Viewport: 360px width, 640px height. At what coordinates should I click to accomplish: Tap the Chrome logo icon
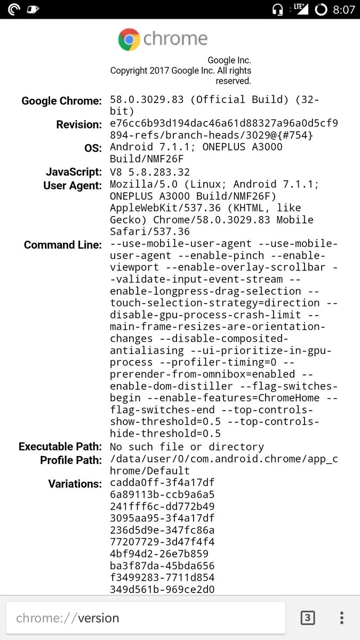129,39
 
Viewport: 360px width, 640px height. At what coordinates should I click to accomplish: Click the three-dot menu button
342,618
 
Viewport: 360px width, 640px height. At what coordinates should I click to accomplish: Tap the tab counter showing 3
308,618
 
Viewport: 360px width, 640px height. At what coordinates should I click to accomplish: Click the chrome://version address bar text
68,618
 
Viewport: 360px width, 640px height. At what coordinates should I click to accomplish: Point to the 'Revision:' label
79,124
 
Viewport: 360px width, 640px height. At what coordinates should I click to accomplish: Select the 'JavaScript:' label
74,172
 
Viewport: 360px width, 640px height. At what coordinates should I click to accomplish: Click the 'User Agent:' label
73,185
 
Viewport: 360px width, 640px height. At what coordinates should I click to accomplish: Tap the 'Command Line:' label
63,245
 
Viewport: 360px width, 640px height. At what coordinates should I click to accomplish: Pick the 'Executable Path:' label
60,446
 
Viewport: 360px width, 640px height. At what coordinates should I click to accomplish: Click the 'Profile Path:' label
71,460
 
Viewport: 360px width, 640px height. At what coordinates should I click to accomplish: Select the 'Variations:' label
75,484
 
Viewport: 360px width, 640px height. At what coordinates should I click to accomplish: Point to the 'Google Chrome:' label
61,101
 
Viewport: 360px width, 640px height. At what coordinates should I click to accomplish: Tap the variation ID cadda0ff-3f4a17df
162,483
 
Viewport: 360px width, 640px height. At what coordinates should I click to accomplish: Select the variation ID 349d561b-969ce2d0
162,589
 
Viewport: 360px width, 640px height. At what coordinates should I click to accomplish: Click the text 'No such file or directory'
187,447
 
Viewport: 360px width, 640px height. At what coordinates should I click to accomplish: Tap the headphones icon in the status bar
277,10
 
